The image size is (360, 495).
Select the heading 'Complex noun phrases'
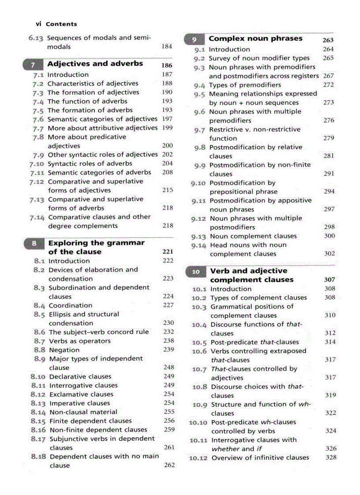coord(255,39)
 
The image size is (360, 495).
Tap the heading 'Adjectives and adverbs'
coord(95,63)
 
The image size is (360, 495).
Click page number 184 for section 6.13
coord(167,46)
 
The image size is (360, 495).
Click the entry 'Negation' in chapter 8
coord(64,350)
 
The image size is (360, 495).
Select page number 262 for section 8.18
coord(169,465)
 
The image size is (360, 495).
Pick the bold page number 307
coord(329,279)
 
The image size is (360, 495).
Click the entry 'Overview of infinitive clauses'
coord(260,458)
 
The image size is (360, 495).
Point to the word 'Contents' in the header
coord(61,24)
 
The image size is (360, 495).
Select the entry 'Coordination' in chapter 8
coord(70,305)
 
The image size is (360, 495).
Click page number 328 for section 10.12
coord(331,457)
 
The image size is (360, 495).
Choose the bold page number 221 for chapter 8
coord(168,252)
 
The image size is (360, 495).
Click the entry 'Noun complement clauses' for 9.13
coord(253,236)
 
